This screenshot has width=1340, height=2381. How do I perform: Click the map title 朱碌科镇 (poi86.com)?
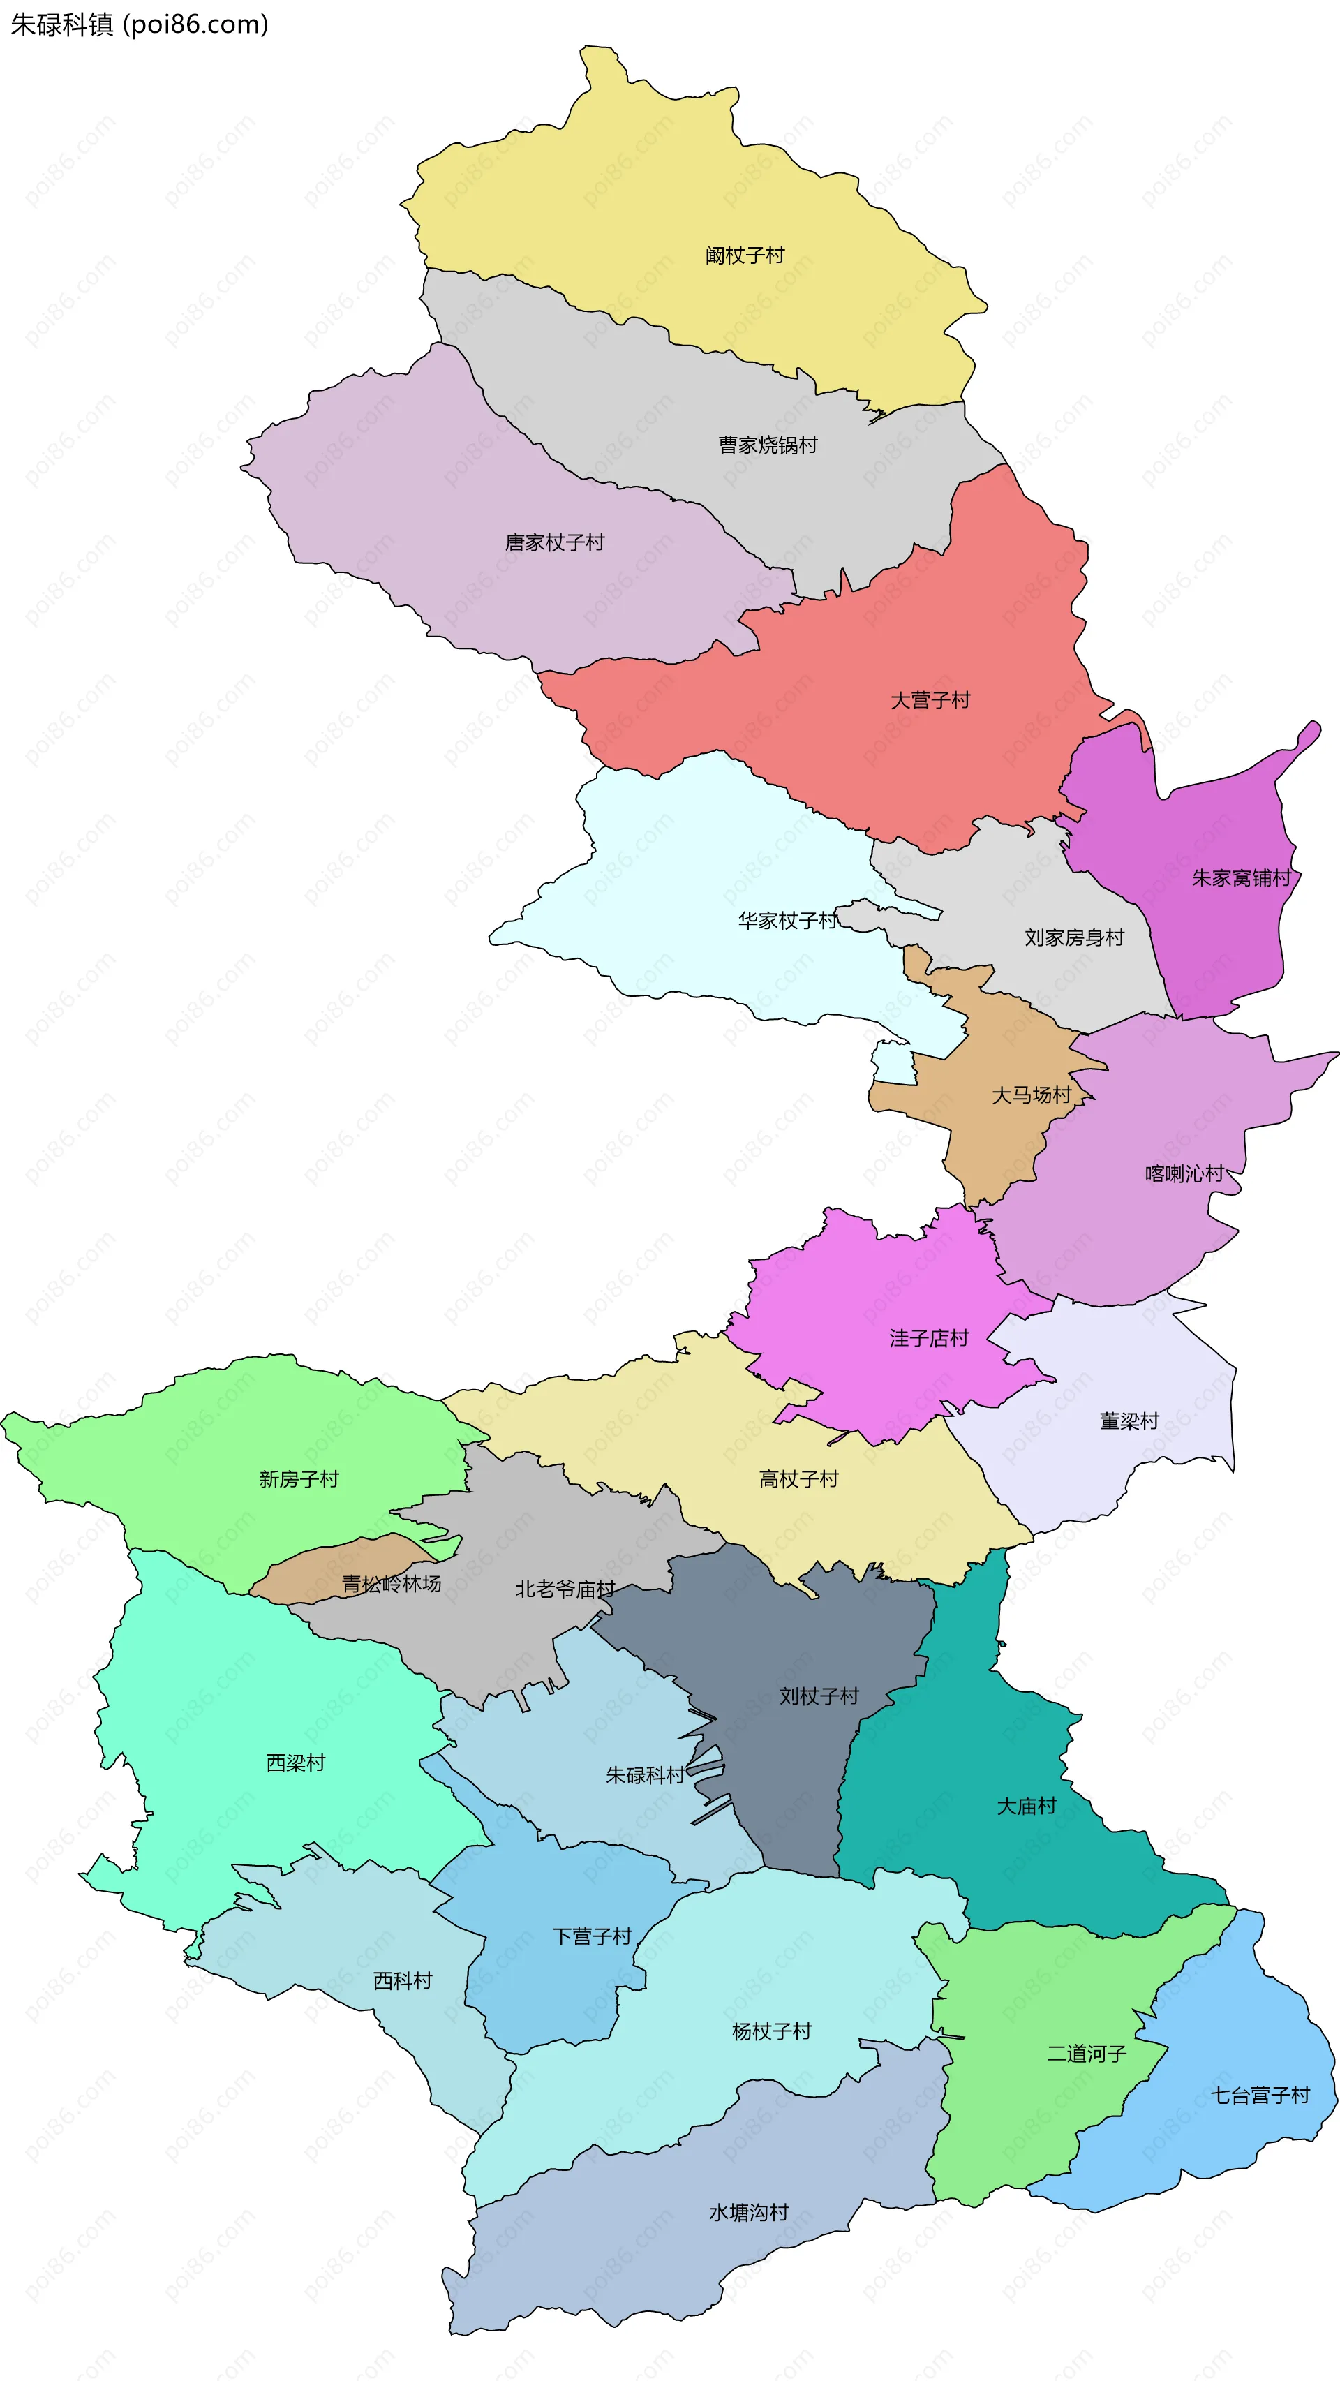[139, 24]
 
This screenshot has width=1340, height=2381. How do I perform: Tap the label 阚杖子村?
[744, 255]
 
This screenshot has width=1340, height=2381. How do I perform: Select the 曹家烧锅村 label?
[768, 445]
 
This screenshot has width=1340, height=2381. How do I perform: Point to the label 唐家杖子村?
[554, 542]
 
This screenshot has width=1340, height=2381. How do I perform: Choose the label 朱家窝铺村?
[1240, 878]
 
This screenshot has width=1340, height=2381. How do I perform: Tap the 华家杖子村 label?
[787, 921]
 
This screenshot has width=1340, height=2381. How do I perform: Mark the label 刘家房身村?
[1074, 938]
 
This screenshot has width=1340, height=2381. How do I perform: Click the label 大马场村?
[1032, 1095]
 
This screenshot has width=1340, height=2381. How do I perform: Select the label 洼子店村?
[929, 1338]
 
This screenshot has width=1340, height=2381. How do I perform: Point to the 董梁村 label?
[1129, 1421]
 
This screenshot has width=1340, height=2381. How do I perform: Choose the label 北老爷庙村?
[565, 1589]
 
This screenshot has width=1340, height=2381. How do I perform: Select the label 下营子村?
[591, 1936]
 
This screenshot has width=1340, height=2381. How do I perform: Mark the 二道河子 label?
[1086, 2054]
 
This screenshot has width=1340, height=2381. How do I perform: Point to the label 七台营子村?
[1260, 2096]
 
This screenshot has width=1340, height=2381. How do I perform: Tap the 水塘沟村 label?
[749, 2213]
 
